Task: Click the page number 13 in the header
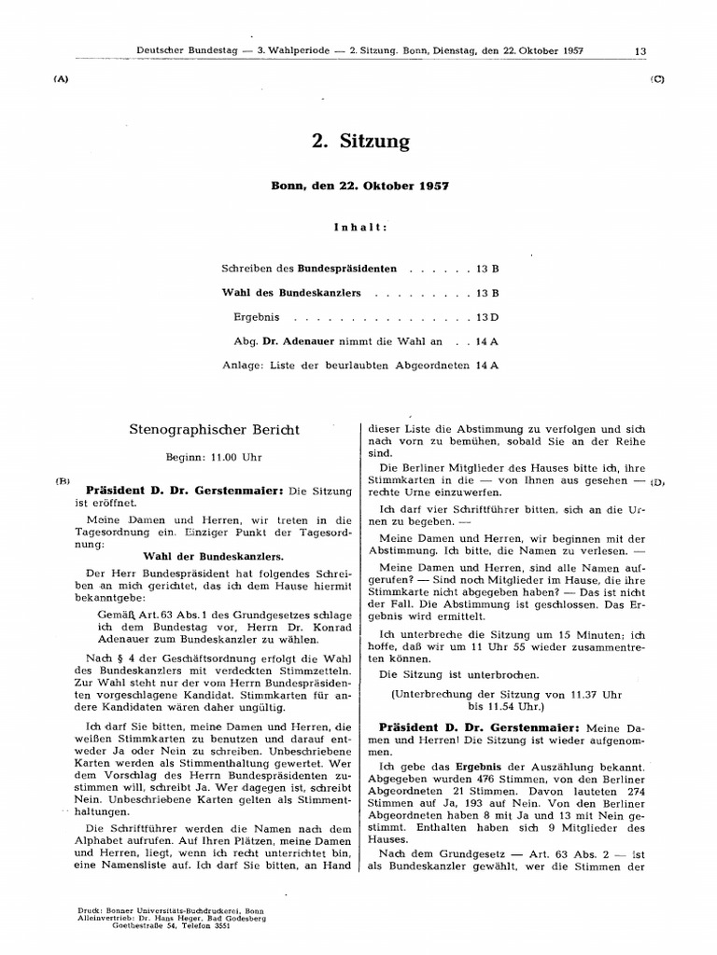click(x=640, y=51)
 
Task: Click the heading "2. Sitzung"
click(x=360, y=142)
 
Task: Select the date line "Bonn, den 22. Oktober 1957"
click(x=360, y=186)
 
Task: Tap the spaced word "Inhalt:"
click(x=360, y=227)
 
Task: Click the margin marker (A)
click(x=62, y=79)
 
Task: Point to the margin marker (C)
click(x=656, y=79)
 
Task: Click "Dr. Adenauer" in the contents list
click(x=297, y=341)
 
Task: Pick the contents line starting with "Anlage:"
click(x=360, y=366)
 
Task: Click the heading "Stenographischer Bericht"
click(x=214, y=430)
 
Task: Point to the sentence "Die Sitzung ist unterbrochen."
click(x=444, y=673)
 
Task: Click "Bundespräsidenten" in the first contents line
click(x=347, y=269)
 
